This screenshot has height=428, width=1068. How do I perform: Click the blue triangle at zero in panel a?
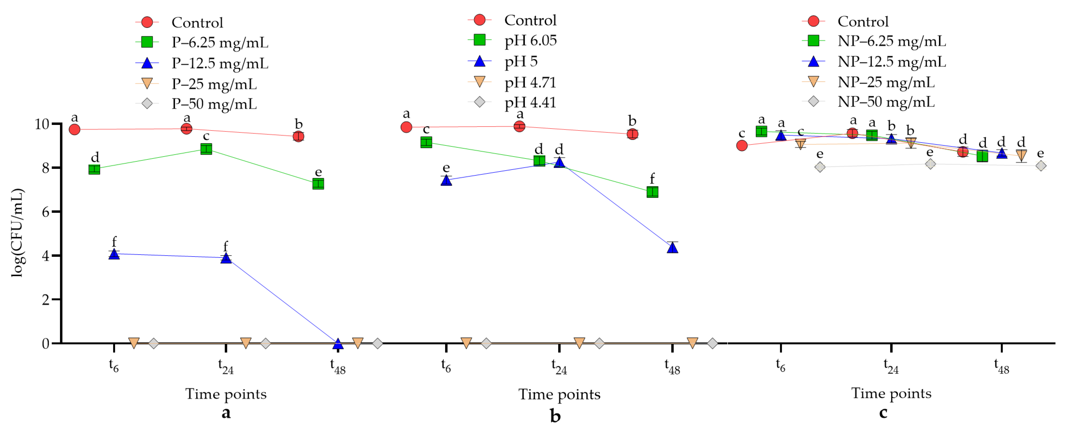pos(338,344)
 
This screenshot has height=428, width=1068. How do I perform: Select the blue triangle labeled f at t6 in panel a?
pos(114,254)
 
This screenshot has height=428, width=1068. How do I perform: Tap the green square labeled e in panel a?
pos(318,184)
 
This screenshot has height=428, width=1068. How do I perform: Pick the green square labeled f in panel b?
pos(652,192)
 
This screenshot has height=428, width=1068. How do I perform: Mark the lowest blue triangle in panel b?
pos(672,248)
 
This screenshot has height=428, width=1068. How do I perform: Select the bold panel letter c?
pos(883,412)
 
